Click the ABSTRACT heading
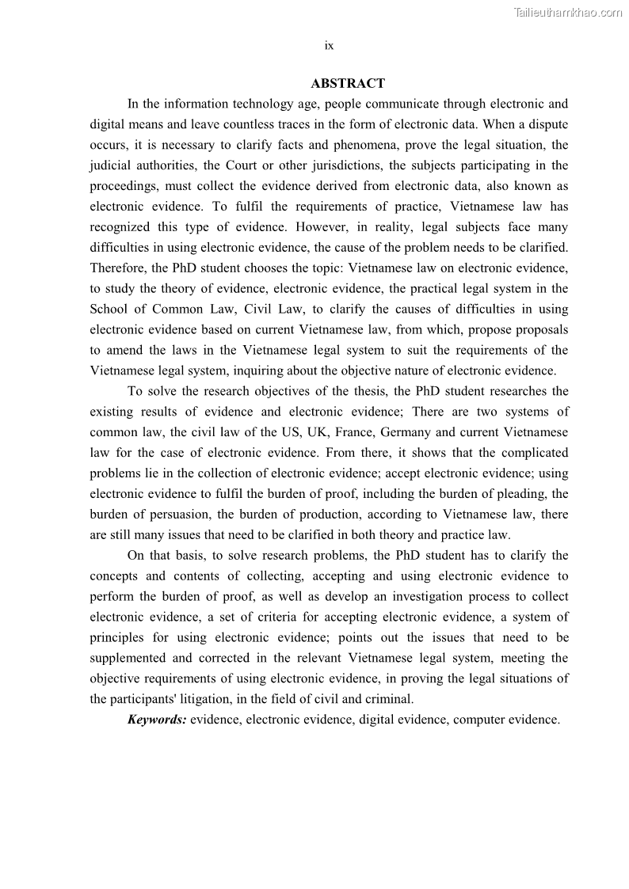(x=348, y=83)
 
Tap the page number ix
(x=329, y=46)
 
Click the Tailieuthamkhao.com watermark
(x=568, y=12)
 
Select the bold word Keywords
(x=157, y=720)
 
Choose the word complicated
(x=533, y=453)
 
